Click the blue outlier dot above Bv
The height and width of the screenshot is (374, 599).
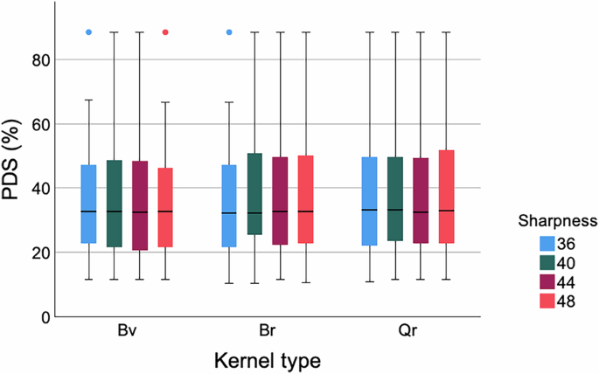point(88,32)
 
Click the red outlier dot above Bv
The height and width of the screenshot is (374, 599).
point(165,32)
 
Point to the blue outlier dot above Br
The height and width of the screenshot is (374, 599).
point(229,32)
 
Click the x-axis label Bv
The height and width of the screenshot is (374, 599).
point(127,333)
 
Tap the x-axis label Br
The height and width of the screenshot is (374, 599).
point(268,333)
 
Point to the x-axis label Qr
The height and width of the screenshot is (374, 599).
point(408,333)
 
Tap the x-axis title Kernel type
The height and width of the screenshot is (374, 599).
point(268,359)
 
